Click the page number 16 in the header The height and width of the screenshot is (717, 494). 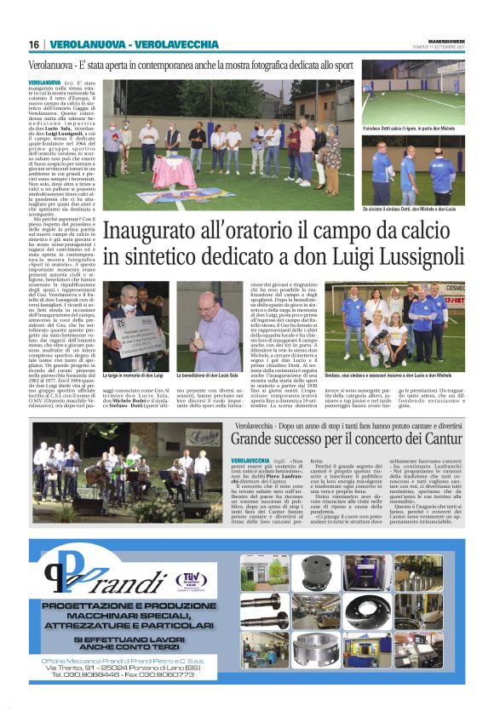click(x=34, y=43)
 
